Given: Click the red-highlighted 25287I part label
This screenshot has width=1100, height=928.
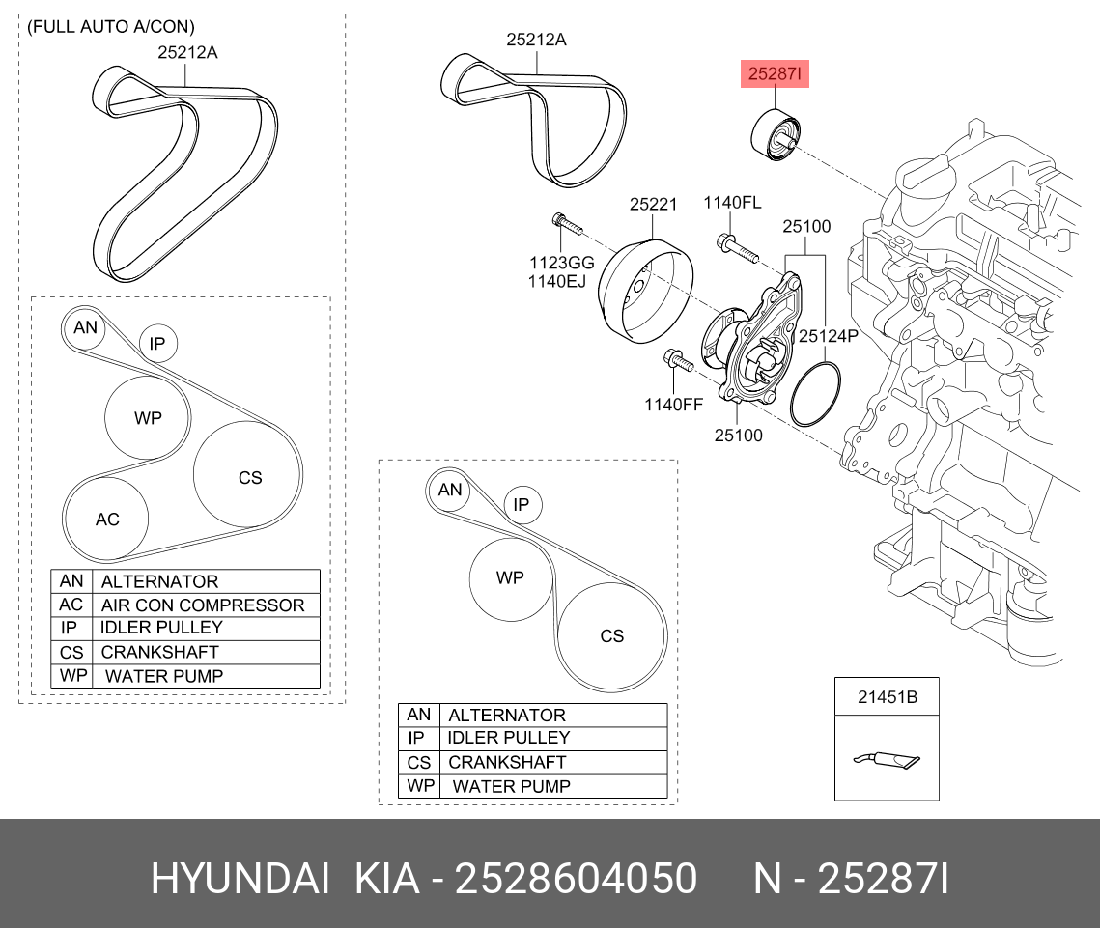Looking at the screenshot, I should point(774,74).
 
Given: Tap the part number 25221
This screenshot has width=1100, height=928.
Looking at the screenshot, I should point(653,205).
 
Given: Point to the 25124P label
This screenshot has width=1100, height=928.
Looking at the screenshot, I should point(829,336).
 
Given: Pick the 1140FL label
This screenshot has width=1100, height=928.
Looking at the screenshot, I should point(731,203).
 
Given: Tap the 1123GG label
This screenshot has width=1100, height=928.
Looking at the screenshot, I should point(560,263).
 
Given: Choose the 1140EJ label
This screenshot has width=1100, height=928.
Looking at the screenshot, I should point(557,281).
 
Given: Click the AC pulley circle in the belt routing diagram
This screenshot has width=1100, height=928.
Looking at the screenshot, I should point(106,519).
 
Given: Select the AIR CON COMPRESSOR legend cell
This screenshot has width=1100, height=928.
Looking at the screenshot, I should point(203,605).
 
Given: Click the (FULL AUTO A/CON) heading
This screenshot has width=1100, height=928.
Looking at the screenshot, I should point(110,27).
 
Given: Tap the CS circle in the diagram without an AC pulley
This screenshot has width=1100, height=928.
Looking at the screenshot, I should point(611,635).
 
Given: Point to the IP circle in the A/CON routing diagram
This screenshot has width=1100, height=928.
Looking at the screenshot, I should point(158,343).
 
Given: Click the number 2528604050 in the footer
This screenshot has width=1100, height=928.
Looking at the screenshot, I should point(576,880).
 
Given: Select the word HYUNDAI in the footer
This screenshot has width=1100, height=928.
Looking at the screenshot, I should point(240,880).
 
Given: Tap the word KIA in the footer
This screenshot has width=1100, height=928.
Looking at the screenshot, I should point(387,880).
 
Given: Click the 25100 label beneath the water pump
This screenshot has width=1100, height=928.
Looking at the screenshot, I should point(738,436).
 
